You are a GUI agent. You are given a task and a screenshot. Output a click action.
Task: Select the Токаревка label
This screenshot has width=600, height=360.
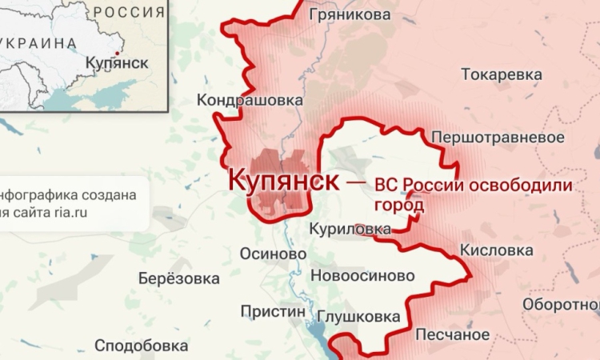pos(501,74)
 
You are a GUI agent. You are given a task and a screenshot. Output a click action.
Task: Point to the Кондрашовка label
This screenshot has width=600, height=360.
pos(250,101)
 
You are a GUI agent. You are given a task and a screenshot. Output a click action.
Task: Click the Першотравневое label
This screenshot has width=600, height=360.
pos(493,138)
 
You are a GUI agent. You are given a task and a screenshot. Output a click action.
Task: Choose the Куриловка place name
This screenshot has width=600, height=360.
pos(351,230)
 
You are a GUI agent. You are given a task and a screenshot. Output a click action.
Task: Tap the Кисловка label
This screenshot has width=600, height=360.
pos(496,250)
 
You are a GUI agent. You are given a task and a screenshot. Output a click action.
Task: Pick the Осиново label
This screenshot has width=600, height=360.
pos(274,253)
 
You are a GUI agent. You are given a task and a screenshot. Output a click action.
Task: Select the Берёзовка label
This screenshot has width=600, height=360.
pos(178,279)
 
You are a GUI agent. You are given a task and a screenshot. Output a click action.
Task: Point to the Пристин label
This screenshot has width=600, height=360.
pos(274,311)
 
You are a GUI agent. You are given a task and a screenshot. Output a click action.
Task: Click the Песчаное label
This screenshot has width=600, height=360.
pos(452,334)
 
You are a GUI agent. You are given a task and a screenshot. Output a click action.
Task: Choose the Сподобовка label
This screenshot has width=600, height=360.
pos(142,346)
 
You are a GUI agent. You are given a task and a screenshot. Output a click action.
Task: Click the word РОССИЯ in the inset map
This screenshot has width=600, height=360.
pos(130,12)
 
